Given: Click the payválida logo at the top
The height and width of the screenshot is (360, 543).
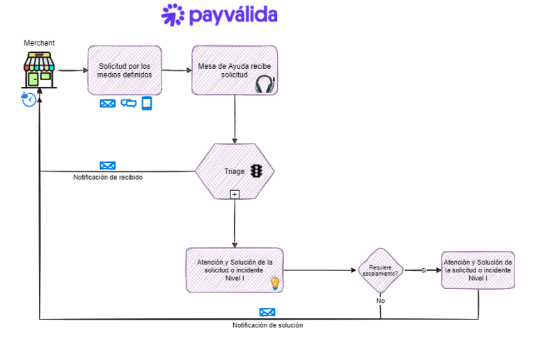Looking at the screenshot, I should (x=219, y=15).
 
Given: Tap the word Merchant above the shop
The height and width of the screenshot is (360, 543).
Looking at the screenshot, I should (x=39, y=43).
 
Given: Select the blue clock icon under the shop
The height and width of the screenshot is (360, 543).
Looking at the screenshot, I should (x=29, y=99).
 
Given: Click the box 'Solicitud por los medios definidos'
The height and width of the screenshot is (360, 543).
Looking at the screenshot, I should (x=125, y=70).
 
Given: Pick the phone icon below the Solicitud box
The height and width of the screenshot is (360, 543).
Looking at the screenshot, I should (x=146, y=103).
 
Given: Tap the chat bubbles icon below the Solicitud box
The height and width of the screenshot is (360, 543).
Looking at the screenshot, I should (x=128, y=103).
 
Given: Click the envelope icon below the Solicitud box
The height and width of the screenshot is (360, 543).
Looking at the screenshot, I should (x=107, y=104).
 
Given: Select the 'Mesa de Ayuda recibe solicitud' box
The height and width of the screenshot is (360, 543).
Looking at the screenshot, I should (x=234, y=70).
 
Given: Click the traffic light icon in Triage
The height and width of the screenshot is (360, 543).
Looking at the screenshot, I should (x=257, y=171).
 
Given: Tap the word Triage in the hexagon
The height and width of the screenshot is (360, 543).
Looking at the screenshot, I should (x=234, y=171).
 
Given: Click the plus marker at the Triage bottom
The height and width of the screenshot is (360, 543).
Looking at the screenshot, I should (x=235, y=194).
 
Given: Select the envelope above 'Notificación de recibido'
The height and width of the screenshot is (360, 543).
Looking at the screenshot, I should (x=107, y=166).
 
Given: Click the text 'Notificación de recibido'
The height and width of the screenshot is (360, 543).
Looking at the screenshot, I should (x=108, y=177).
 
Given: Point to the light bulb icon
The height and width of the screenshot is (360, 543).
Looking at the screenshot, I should (x=274, y=283).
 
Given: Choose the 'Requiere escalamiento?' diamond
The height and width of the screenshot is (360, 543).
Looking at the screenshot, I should (x=380, y=270).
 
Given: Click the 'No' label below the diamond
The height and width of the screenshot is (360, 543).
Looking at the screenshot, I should (x=380, y=300).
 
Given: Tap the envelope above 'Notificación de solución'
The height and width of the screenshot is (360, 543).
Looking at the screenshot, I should (x=267, y=313).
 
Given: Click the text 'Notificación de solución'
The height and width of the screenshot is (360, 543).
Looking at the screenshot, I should (x=267, y=325).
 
